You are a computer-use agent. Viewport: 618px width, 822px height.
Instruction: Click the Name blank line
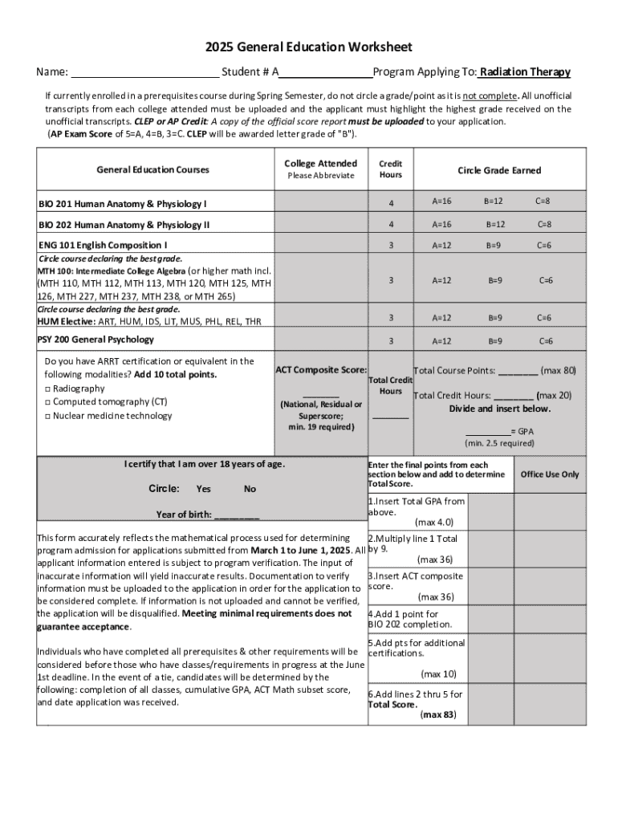(144, 72)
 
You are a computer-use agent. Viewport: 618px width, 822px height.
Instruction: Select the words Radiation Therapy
(526, 72)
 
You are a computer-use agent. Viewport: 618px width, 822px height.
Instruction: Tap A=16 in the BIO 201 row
(442, 201)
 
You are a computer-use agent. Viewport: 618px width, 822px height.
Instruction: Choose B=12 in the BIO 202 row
(494, 224)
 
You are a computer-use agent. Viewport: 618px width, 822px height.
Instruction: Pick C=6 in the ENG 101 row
(543, 245)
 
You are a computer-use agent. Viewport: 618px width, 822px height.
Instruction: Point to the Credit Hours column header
(391, 169)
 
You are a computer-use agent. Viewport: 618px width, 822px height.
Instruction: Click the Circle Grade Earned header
(499, 170)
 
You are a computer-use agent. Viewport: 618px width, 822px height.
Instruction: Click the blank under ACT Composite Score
(321, 393)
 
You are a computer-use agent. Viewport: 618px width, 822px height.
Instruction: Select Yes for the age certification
(204, 489)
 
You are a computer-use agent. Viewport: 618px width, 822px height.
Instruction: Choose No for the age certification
(250, 489)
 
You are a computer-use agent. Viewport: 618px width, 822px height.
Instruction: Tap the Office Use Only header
(550, 474)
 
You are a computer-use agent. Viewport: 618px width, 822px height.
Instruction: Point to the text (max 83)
(438, 714)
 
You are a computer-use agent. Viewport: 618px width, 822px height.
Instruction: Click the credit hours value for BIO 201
(391, 201)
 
